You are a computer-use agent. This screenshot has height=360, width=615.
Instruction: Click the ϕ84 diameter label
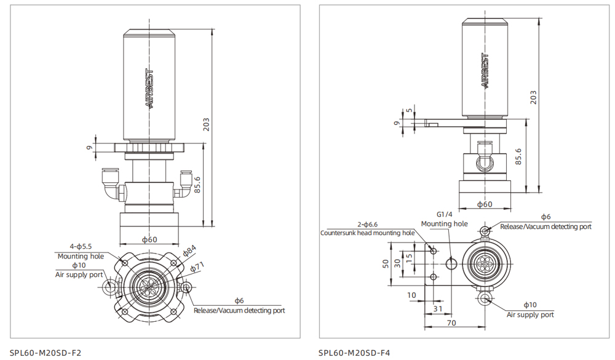189,252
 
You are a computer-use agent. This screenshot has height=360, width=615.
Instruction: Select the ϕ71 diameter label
197,266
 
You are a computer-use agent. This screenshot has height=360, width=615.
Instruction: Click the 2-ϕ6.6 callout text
367,224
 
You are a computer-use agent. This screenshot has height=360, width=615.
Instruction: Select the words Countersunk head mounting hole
367,233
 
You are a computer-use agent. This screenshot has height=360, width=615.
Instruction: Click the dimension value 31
438,308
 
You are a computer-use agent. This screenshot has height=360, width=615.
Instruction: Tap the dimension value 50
386,263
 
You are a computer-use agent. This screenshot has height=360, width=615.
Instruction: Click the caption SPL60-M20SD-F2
46,353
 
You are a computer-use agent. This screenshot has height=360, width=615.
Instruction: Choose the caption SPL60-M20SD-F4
354,353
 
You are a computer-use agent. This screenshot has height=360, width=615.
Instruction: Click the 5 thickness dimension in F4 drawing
408,111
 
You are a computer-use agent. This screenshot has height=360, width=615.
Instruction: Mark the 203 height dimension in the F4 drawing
533,97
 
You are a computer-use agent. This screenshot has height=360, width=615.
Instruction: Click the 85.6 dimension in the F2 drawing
196,185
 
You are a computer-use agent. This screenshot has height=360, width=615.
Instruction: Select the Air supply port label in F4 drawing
530,314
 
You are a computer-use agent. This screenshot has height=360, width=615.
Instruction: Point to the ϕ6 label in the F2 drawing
239,300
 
